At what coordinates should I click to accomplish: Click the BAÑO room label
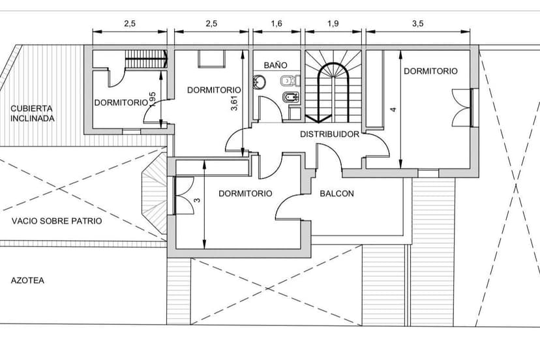point(275,65)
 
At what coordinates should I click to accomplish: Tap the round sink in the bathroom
point(260,82)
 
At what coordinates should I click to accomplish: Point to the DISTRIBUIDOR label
point(329,134)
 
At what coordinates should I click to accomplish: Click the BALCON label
point(337,194)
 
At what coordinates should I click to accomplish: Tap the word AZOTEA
point(27,280)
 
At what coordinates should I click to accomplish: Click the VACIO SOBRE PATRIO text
point(57,221)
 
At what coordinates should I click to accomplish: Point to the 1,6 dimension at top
point(277,23)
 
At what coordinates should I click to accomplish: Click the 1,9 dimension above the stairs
point(332,23)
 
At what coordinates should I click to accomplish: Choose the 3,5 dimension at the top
point(417,23)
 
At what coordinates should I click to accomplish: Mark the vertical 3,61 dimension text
point(235,102)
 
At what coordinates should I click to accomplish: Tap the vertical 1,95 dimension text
point(152,100)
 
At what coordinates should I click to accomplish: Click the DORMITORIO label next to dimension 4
point(430,71)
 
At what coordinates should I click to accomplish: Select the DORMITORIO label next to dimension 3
point(245,194)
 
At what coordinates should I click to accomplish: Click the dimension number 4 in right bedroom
point(393,110)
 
